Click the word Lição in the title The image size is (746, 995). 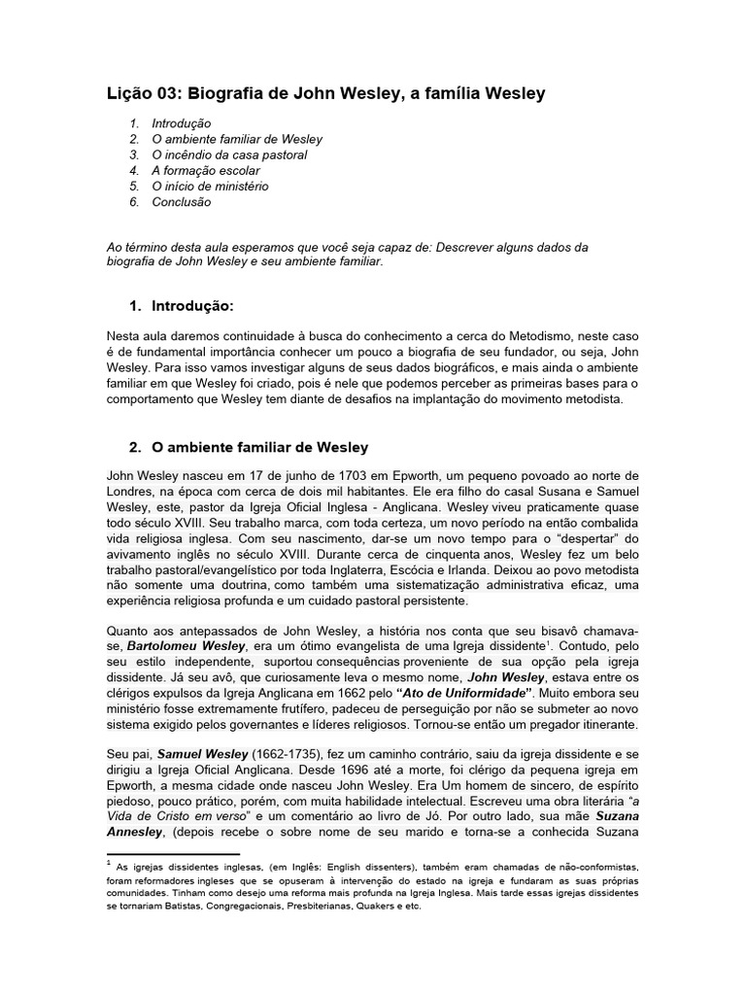[x=128, y=94]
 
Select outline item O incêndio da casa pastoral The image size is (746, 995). [x=229, y=154]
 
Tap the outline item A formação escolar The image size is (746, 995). [x=206, y=170]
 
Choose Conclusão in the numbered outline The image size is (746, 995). [x=181, y=202]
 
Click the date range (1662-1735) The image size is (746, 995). [x=291, y=754]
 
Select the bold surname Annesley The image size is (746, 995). [x=138, y=832]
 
